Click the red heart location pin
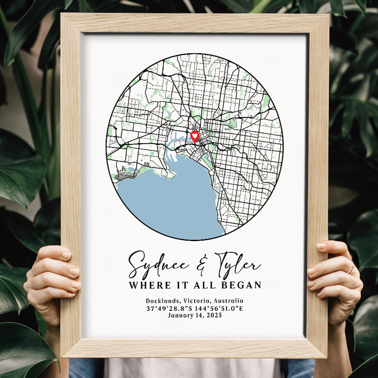pos(194,136)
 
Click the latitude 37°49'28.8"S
pos(169,308)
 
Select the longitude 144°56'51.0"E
pos(220,308)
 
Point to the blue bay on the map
pos(168,202)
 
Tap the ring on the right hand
pos(351,268)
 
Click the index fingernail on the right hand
pos(321,246)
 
